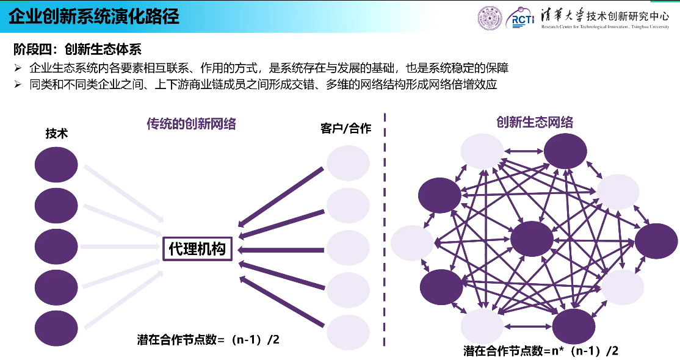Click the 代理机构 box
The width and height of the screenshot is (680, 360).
pyautogui.click(x=197, y=249)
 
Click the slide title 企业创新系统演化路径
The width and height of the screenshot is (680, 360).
pyautogui.click(x=94, y=17)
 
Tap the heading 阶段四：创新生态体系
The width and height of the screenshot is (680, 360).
pyautogui.click(x=78, y=49)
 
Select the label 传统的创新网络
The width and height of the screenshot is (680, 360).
pyautogui.click(x=191, y=124)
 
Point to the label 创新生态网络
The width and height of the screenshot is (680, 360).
pyautogui.click(x=535, y=122)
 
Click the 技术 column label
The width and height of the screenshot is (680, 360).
pyautogui.click(x=56, y=134)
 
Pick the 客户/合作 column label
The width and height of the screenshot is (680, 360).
pyautogui.click(x=345, y=128)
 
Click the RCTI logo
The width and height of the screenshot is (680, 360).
pyautogui.click(x=521, y=18)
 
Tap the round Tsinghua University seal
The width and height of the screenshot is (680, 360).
pyautogui.click(x=490, y=18)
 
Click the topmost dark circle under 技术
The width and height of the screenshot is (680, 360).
pyautogui.click(x=56, y=164)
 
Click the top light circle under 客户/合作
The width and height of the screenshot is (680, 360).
pyautogui.click(x=348, y=163)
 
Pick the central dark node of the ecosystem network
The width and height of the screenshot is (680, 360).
pyautogui.click(x=532, y=239)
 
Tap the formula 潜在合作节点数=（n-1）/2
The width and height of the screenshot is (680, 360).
pyautogui.click(x=208, y=340)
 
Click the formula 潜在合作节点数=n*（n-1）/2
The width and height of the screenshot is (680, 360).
pyautogui.click(x=541, y=350)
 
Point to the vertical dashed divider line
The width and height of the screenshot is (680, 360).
pyautogui.click(x=385, y=230)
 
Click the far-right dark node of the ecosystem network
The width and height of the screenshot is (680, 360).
pyautogui.click(x=656, y=241)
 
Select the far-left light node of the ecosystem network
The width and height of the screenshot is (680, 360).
pyautogui.click(x=413, y=243)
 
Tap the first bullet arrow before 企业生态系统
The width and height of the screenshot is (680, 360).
pyautogui.click(x=18, y=68)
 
